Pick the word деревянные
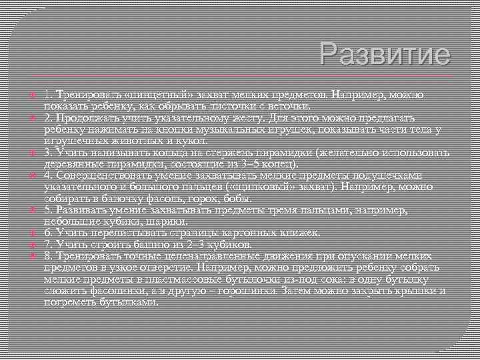[74, 165]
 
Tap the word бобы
[237, 199]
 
